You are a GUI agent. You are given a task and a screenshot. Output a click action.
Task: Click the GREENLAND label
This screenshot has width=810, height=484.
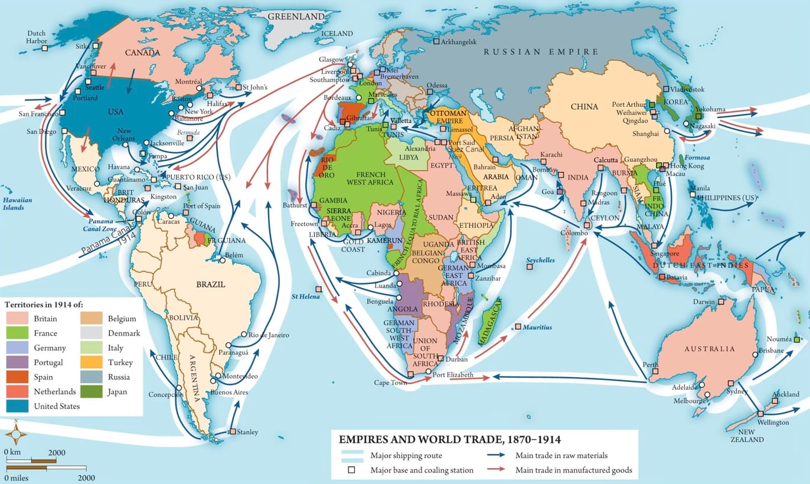pyautogui.click(x=296, y=17)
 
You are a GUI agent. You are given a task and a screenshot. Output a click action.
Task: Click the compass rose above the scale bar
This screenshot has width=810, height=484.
pyautogui.click(x=16, y=436)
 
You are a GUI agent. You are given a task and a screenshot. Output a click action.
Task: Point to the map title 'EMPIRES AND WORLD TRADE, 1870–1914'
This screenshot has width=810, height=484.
pyautogui.click(x=449, y=440)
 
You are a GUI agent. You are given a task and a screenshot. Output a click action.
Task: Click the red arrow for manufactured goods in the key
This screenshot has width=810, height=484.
pyautogui.click(x=499, y=470)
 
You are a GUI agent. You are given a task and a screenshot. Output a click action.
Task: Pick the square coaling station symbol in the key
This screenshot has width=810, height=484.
pyautogui.click(x=351, y=470)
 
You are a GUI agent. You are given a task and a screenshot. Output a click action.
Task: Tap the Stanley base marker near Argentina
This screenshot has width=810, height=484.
pyautogui.click(x=233, y=431)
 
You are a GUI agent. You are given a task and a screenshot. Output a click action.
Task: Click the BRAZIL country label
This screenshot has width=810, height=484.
pyautogui.click(x=210, y=284)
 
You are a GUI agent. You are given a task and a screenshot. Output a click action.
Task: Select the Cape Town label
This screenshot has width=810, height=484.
pyautogui.click(x=390, y=382)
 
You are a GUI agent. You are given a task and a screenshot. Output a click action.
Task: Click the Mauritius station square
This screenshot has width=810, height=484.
pyautogui.click(x=518, y=326)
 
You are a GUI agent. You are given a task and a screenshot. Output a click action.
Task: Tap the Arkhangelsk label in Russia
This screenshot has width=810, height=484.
pyautogui.click(x=458, y=41)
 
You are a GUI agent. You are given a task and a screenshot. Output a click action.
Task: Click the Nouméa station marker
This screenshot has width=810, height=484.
pyautogui.click(x=797, y=340)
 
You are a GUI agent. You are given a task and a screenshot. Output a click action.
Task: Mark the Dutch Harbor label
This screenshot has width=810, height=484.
pyautogui.click(x=37, y=37)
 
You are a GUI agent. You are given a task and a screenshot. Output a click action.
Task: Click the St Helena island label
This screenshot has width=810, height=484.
pyautogui.click(x=305, y=296)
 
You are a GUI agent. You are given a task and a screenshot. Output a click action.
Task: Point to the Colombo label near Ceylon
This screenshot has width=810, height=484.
pyautogui.click(x=575, y=233)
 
